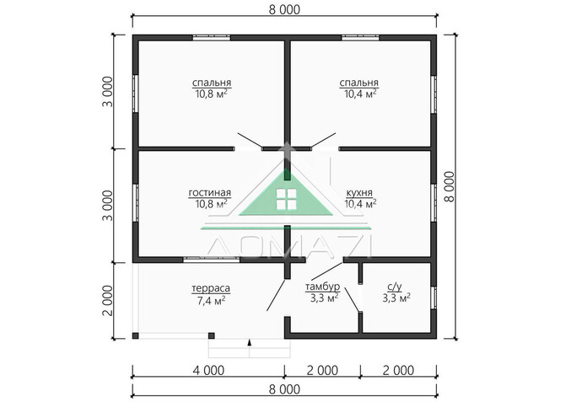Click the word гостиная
click(210, 192)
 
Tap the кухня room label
click(359, 192)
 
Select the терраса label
click(211, 288)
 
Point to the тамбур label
click(322, 287)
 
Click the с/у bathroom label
click(395, 287)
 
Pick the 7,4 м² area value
click(211, 301)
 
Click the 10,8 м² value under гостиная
click(212, 204)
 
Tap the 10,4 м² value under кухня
click(360, 204)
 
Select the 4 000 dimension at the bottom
click(208, 370)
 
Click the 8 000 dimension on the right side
click(450, 186)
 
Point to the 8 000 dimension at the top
click(284, 10)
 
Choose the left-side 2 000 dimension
click(108, 301)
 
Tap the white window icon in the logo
click(286, 200)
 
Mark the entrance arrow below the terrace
click(250, 343)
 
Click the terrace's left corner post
click(136, 335)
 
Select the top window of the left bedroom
click(212, 37)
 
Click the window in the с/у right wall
click(434, 298)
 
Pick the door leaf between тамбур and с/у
click(353, 300)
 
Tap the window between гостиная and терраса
click(211, 260)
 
